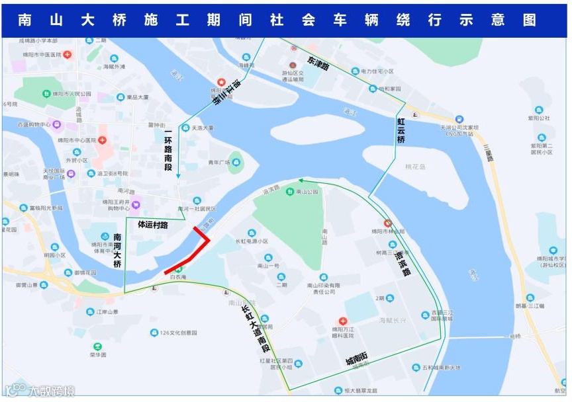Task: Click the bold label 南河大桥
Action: click(118, 250)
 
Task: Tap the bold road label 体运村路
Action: click(152, 225)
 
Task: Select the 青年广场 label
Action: click(218, 163)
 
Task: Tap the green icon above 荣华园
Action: click(98, 346)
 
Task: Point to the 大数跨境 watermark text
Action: click(50, 390)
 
